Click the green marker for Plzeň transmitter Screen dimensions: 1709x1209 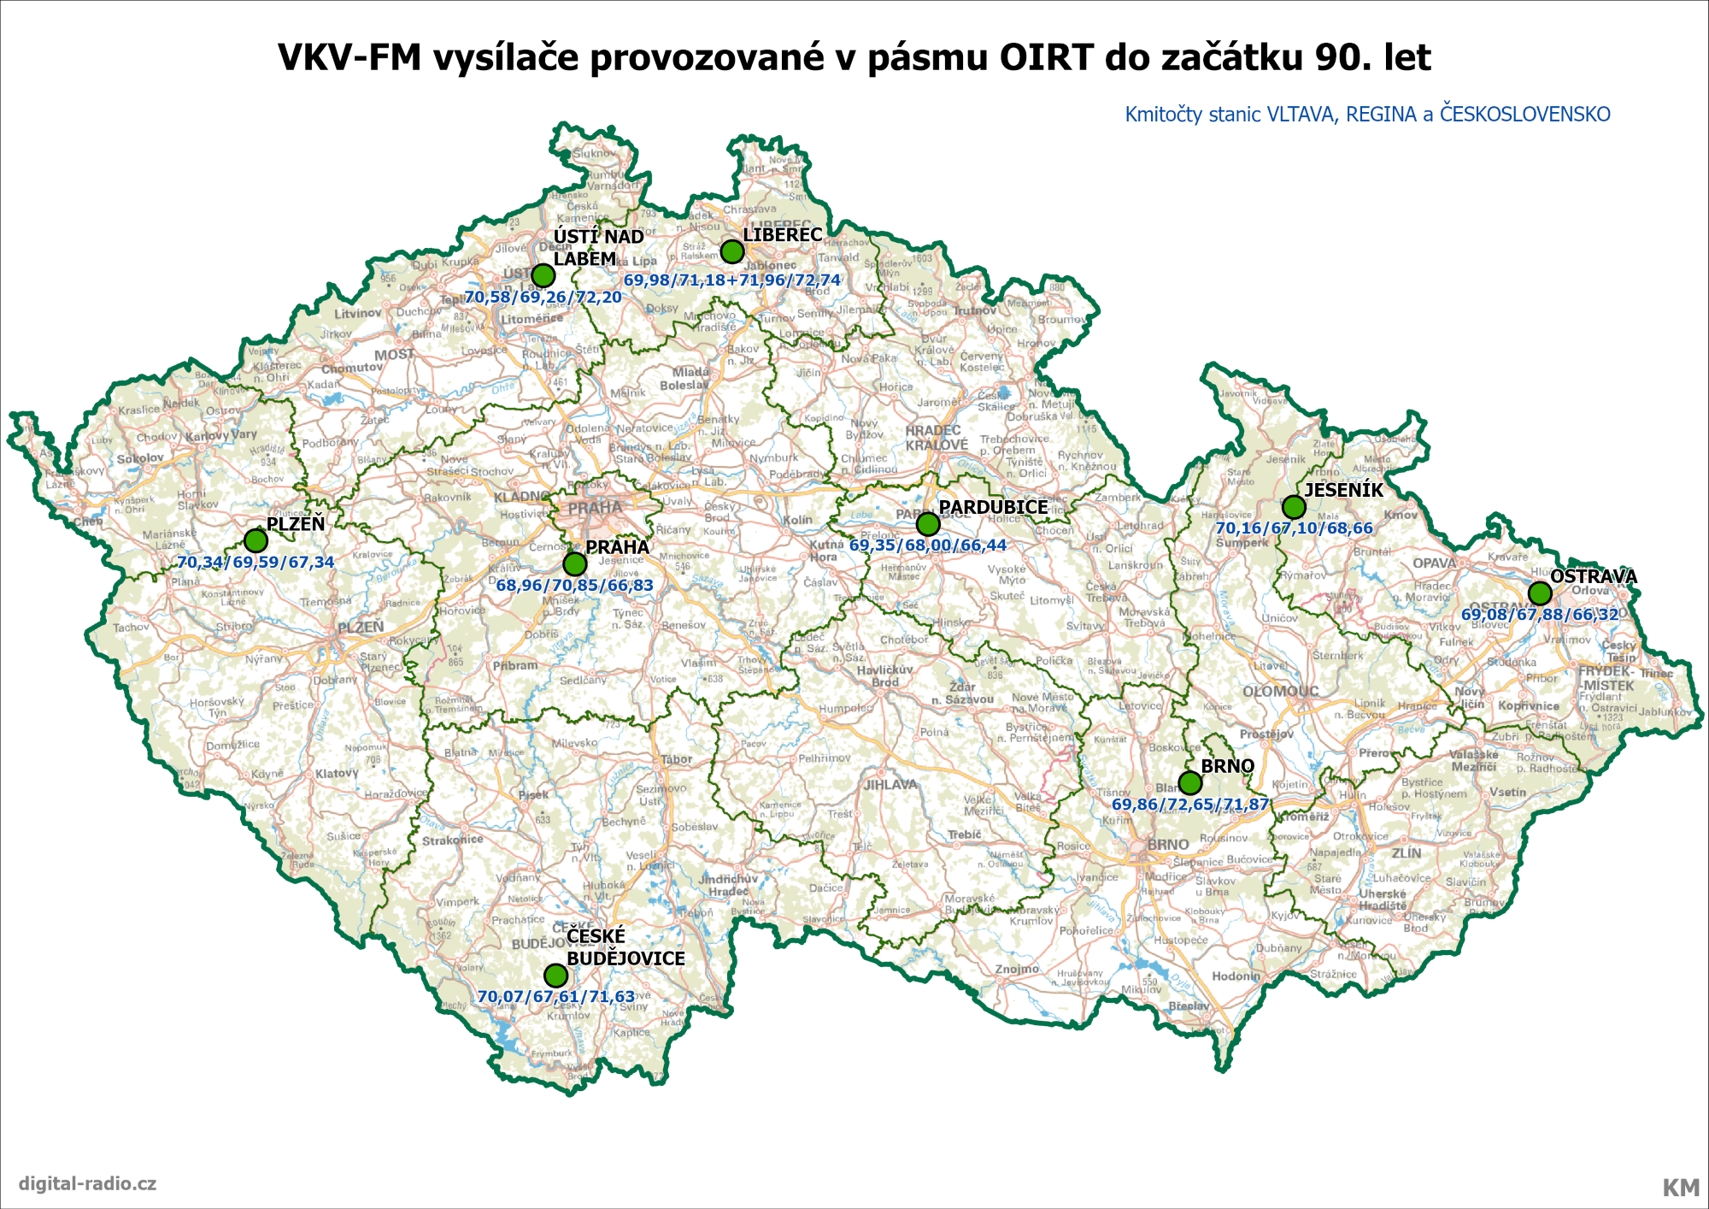255,540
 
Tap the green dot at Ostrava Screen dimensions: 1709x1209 1539,593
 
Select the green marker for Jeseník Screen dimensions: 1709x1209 1294,507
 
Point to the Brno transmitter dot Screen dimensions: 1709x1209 1189,782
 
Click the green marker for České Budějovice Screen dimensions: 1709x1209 555,975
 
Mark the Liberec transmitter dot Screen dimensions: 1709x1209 731,251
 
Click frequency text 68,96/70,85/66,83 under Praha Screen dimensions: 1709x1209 574,586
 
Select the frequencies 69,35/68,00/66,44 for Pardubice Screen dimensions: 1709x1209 927,546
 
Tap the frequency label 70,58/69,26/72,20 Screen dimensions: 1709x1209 543,298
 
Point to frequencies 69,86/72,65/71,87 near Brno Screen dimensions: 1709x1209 1189,805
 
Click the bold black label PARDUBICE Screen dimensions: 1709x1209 993,507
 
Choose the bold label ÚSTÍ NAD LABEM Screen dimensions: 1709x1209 597,247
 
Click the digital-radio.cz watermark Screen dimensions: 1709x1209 87,1183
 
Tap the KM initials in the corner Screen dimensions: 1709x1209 1680,1188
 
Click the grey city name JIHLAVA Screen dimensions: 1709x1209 890,784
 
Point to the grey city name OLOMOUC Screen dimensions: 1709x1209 1280,691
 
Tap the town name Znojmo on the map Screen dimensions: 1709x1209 1017,969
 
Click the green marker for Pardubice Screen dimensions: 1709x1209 927,523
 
